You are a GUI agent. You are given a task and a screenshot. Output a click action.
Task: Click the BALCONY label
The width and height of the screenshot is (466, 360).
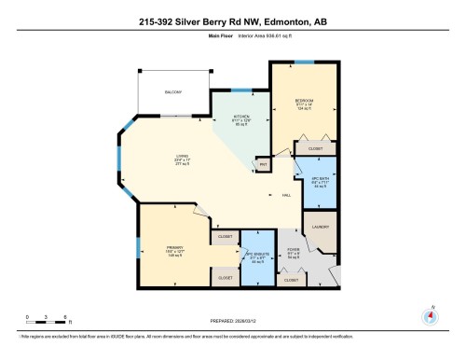pyautogui.click(x=173, y=91)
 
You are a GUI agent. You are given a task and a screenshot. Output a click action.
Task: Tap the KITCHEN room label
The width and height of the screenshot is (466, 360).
pyautogui.click(x=241, y=118)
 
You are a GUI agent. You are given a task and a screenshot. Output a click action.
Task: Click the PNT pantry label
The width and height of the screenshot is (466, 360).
pyautogui.click(x=264, y=165)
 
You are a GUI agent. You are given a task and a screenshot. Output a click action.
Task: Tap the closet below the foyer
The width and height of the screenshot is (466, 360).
pyautogui.click(x=291, y=280)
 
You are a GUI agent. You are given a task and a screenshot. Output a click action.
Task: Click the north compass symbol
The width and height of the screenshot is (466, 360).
pyautogui.click(x=430, y=314)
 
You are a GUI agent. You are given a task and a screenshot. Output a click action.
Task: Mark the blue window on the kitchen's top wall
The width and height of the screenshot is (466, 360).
pyautogui.click(x=241, y=90)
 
